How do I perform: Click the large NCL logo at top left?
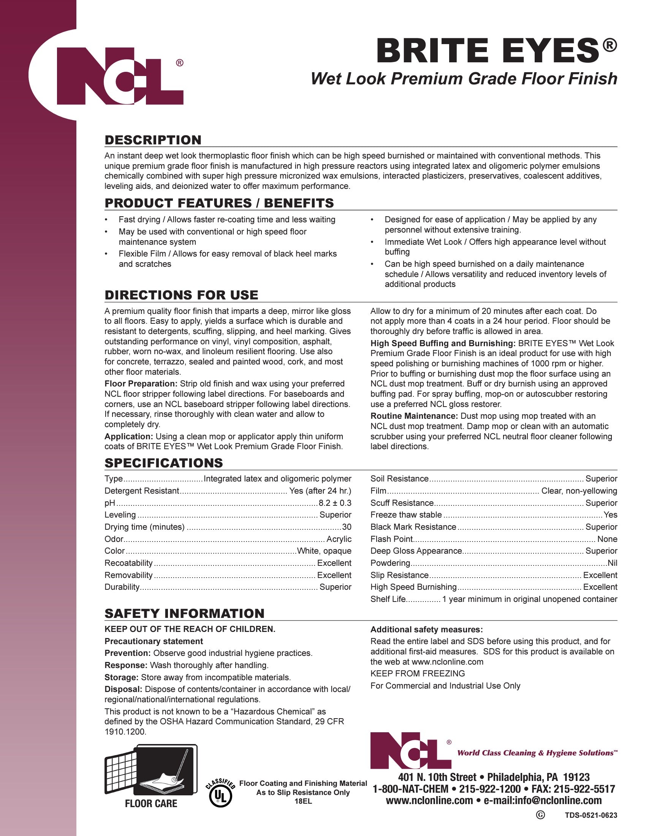120,76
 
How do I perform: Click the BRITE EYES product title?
488,51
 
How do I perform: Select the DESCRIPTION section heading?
153,140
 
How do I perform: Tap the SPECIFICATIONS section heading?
163,463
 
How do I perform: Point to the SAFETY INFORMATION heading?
184,613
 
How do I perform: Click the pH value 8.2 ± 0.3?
335,503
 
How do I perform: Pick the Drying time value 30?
347,527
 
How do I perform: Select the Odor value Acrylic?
339,539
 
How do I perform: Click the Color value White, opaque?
324,551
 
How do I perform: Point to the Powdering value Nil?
612,563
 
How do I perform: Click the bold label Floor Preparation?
141,383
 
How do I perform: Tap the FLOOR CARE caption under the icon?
151,803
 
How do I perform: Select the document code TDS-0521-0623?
591,815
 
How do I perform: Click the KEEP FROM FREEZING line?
418,673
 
